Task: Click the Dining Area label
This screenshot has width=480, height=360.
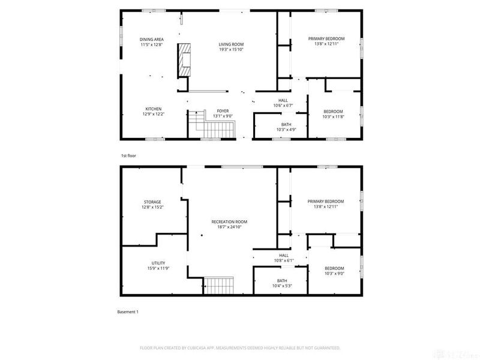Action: pyautogui.click(x=152, y=40)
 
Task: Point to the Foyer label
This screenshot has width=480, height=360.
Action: pyautogui.click(x=223, y=112)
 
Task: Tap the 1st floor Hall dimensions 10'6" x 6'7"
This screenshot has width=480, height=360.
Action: pyautogui.click(x=283, y=106)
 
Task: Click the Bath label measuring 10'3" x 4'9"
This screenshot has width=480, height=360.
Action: pyautogui.click(x=280, y=124)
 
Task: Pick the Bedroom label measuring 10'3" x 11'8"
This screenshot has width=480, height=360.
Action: pyautogui.click(x=334, y=112)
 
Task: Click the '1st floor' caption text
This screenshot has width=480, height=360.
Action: pyautogui.click(x=128, y=155)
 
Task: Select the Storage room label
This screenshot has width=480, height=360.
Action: pyautogui.click(x=152, y=202)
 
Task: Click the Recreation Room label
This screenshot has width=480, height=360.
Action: pyautogui.click(x=229, y=221)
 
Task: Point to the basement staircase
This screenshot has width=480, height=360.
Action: pyautogui.click(x=219, y=285)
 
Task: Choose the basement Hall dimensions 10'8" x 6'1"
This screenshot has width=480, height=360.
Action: pyautogui.click(x=284, y=260)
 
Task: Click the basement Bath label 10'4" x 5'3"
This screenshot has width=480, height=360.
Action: pyautogui.click(x=282, y=281)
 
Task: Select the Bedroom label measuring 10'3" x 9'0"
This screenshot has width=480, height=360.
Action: pyautogui.click(x=334, y=268)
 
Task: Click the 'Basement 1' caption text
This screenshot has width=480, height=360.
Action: pyautogui.click(x=128, y=312)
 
